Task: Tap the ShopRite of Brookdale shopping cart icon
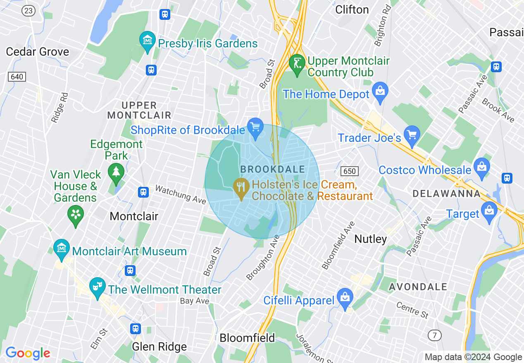point(255,127)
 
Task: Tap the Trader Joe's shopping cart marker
point(412,134)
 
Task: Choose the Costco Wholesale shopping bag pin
point(481,167)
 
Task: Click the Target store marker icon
point(489,210)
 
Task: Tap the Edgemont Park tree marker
point(116,172)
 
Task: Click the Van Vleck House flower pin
point(76,214)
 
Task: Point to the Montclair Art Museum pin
point(62,248)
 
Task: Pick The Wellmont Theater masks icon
point(97,286)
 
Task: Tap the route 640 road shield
point(17,77)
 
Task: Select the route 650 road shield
point(350,171)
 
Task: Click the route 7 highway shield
point(434,335)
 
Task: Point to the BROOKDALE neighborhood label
point(272,169)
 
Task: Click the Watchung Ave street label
point(180,194)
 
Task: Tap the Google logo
point(28,353)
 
